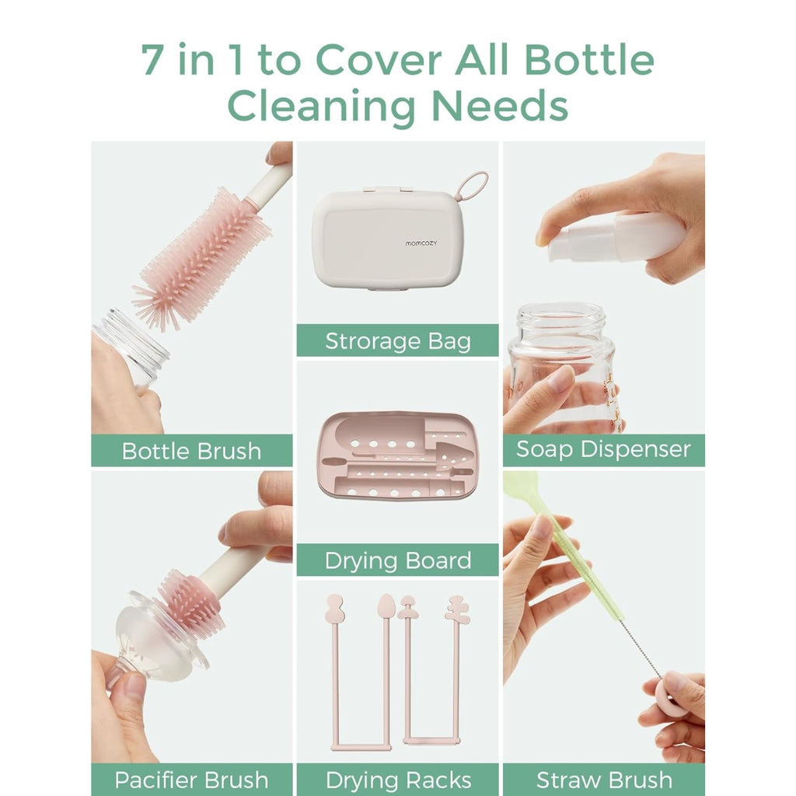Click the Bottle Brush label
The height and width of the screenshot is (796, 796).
(191, 451)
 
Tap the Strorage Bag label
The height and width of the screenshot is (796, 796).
(398, 341)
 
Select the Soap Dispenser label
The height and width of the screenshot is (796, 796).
(603, 449)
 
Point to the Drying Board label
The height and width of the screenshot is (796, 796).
(398, 560)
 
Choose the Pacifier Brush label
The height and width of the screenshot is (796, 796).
(191, 780)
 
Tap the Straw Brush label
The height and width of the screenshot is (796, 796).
(604, 780)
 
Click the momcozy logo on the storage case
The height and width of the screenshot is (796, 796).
(421, 243)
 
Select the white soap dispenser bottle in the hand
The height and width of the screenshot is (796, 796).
(616, 238)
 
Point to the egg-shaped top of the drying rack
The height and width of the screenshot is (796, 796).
(386, 606)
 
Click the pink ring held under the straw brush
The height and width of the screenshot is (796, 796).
(672, 694)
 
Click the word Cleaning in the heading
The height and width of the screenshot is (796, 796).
(321, 106)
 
